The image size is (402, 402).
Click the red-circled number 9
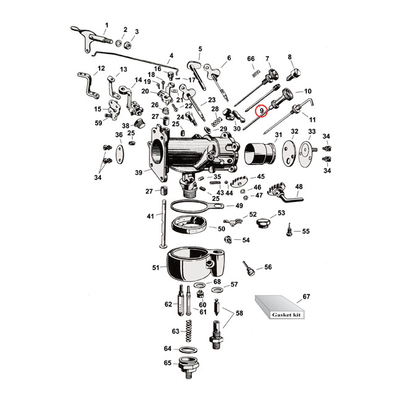tap(262, 111)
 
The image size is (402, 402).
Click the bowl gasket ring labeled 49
tap(192, 206)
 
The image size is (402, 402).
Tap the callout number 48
tap(299, 186)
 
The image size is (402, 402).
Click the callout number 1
tap(105, 25)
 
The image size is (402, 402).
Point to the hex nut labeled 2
tap(124, 44)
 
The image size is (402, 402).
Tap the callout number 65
tap(167, 363)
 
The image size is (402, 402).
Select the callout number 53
tap(281, 213)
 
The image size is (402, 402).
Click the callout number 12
tap(101, 68)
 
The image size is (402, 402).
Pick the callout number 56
tap(268, 267)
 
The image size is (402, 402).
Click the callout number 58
tap(239, 314)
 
